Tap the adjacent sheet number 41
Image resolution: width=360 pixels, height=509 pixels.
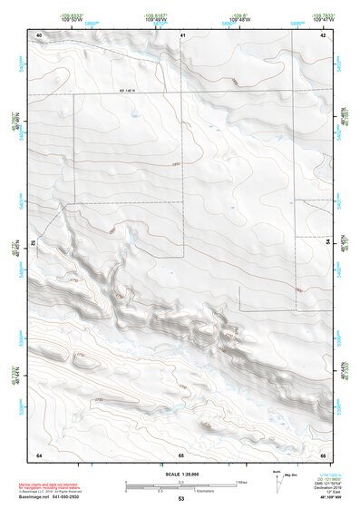[x=182, y=34]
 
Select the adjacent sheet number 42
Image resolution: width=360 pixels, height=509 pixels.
[x=324, y=34]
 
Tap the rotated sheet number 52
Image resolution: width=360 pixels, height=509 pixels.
[x=34, y=244]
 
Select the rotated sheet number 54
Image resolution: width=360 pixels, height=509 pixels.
[x=328, y=243]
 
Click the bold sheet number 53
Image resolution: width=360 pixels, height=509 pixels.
[x=181, y=499]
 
